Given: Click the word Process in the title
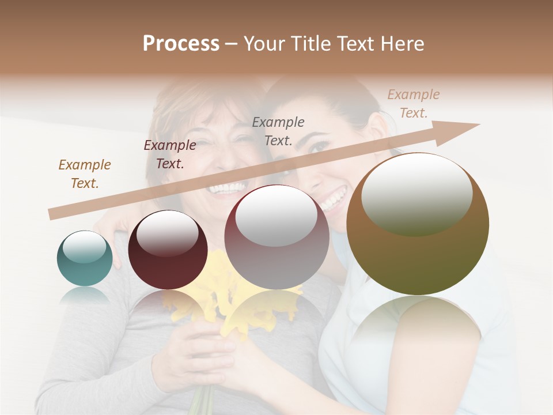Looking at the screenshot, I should point(181,44).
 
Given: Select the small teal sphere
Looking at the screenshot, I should point(85,258).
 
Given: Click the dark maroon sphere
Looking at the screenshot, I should point(168,250).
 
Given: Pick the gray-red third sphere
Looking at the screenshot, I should point(276,236).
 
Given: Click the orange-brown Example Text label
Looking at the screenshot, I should point(85,173).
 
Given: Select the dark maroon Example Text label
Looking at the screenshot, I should point(170,154).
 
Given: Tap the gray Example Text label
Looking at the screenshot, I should point(278,131).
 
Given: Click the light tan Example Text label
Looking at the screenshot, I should point(413,104).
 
